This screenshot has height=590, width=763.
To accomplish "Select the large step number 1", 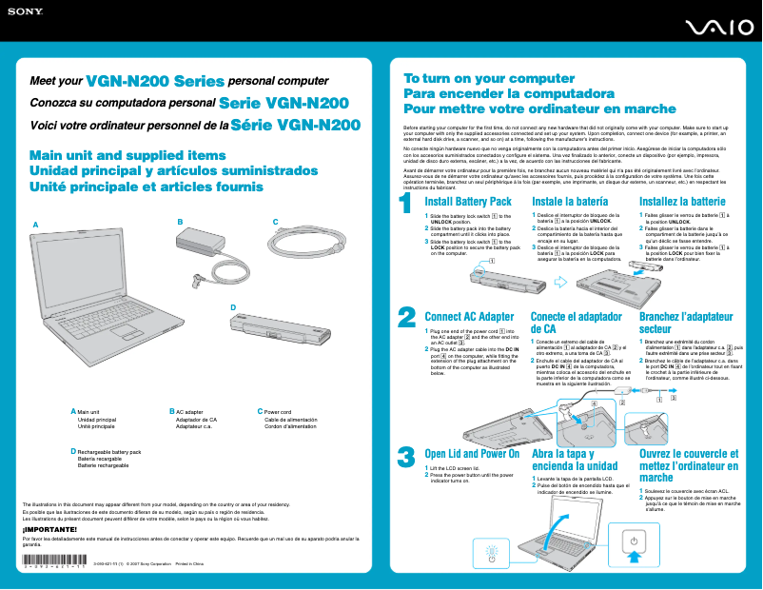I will [x=405, y=205].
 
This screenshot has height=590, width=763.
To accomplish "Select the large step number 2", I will [x=405, y=316].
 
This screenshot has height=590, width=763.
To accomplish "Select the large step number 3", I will [x=405, y=457].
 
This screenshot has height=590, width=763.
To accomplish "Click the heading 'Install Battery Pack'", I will [x=468, y=202].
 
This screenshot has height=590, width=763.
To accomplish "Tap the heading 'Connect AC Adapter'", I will [x=469, y=317].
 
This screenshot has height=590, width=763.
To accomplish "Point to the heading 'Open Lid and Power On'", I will [x=472, y=454].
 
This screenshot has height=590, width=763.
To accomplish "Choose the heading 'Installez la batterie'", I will [x=682, y=202].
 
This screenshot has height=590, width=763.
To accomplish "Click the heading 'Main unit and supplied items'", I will [x=128, y=155].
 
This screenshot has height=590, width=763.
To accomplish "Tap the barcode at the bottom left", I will [x=54, y=564].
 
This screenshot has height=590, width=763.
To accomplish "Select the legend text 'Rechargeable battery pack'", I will [x=108, y=452].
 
